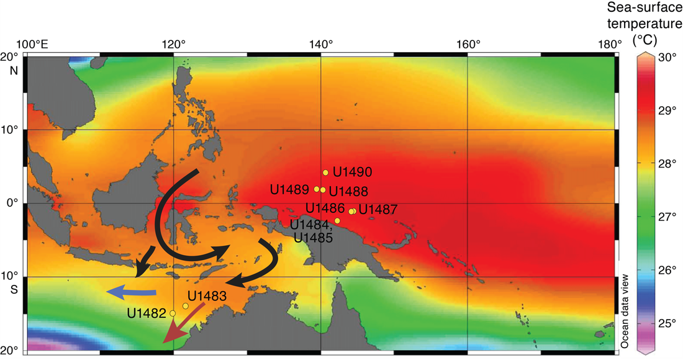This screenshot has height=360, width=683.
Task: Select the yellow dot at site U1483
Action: pos(186,306)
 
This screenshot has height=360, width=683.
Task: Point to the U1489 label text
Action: pos(291,189)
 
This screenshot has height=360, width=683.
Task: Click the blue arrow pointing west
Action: pos(132,292)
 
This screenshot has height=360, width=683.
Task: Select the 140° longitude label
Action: pos(321,45)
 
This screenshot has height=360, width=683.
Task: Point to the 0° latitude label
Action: pos(10,203)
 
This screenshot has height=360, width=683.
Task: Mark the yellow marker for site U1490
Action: pos(325,173)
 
